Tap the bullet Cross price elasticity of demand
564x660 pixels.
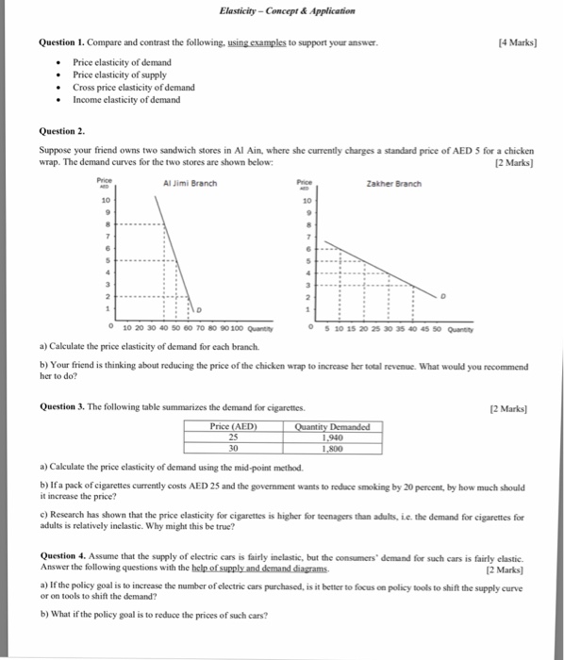(x=134, y=87)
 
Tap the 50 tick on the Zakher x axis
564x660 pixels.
(x=440, y=329)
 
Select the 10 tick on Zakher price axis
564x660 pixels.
(x=307, y=202)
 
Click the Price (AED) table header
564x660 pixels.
(x=233, y=426)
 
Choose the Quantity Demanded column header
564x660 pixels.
(x=332, y=426)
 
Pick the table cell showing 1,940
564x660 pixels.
(x=332, y=437)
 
